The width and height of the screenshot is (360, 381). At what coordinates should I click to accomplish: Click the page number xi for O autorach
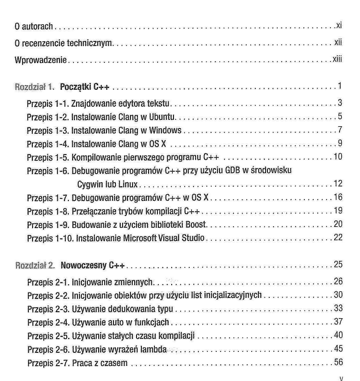pos(339,25)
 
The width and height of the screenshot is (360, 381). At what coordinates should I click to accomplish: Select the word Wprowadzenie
pos(41,60)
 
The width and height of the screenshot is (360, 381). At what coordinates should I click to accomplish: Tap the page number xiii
pos(337,59)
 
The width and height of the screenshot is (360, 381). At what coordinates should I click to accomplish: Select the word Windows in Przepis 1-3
pos(165,130)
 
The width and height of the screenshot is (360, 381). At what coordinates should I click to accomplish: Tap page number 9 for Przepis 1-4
pos(340,143)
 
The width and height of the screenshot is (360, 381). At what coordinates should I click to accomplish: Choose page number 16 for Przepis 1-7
pos(338,197)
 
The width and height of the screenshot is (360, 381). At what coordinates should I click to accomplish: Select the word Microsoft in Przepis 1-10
pos(138,238)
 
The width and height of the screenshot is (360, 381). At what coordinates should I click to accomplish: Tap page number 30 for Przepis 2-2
pos(338,295)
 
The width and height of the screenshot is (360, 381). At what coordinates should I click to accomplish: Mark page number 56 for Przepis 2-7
pos(338,362)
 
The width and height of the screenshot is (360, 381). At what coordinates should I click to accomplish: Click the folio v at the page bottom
pos(341,378)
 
